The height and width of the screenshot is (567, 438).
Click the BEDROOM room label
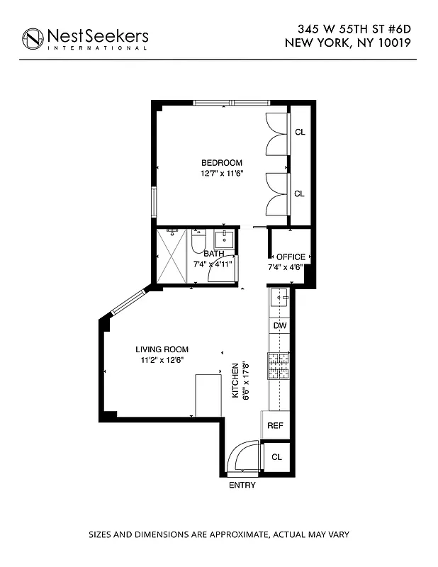pyautogui.click(x=221, y=162)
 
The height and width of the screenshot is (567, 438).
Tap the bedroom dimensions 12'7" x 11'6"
pyautogui.click(x=221, y=173)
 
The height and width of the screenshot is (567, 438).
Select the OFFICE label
pyautogui.click(x=291, y=257)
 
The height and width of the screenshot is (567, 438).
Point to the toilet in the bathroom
pyautogui.click(x=198, y=243)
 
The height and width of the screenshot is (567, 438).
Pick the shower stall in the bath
pyautogui.click(x=173, y=257)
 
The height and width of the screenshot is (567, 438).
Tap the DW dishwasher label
pyautogui.click(x=280, y=325)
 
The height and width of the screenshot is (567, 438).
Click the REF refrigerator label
pyautogui.click(x=275, y=426)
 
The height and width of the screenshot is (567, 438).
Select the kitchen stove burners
pyautogui.click(x=279, y=366)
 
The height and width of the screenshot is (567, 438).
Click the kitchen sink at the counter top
pyautogui.click(x=279, y=298)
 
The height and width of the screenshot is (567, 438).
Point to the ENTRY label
pyautogui.click(x=242, y=485)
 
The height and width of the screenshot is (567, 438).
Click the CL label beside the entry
pyautogui.click(x=276, y=457)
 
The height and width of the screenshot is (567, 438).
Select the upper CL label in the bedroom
pyautogui.click(x=300, y=132)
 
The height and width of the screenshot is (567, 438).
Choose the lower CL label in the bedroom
pyautogui.click(x=300, y=193)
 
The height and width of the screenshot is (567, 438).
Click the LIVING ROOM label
pyautogui.click(x=162, y=349)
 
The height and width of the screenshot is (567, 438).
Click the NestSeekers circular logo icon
pyautogui.click(x=32, y=39)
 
